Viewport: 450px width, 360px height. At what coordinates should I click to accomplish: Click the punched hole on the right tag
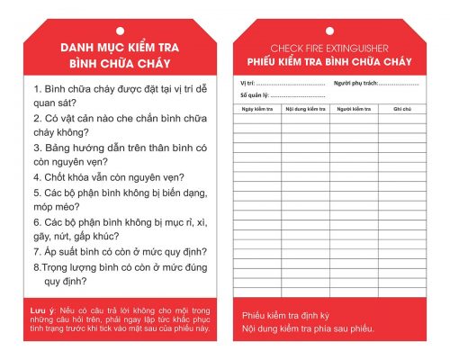(328, 31)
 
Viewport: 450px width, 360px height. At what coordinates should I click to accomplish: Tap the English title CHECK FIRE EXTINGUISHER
(328, 48)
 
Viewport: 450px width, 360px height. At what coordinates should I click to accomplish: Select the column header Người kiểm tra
(354, 109)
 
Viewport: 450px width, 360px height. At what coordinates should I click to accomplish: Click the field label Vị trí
(245, 84)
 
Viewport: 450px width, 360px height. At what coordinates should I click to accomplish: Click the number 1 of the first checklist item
(36, 90)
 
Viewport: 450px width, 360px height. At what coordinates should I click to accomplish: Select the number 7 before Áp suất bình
(36, 251)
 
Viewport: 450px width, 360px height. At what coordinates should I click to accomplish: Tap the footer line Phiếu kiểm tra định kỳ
(286, 316)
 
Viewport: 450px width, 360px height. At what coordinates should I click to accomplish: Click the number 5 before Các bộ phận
(36, 193)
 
